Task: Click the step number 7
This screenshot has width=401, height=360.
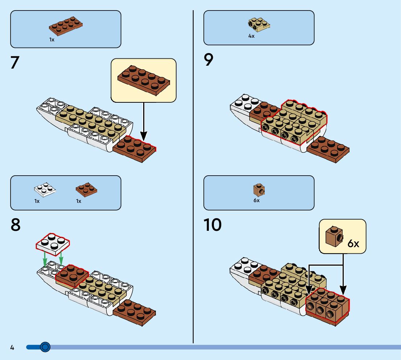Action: click(15, 62)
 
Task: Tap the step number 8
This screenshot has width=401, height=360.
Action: click(15, 225)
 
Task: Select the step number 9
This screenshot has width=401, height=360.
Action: click(208, 60)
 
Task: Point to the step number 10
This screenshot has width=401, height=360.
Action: click(212, 225)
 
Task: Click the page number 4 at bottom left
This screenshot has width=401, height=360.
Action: click(12, 348)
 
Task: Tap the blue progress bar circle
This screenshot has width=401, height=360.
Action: click(45, 347)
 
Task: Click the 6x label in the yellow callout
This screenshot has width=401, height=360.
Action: click(353, 244)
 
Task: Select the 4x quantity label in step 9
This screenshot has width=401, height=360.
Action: click(251, 36)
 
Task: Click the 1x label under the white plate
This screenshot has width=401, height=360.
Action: click(37, 201)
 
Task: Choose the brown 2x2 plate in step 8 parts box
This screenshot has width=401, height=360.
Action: click(87, 189)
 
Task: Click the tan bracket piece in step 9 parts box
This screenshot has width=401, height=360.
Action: click(259, 24)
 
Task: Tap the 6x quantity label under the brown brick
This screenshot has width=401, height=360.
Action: click(256, 200)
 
